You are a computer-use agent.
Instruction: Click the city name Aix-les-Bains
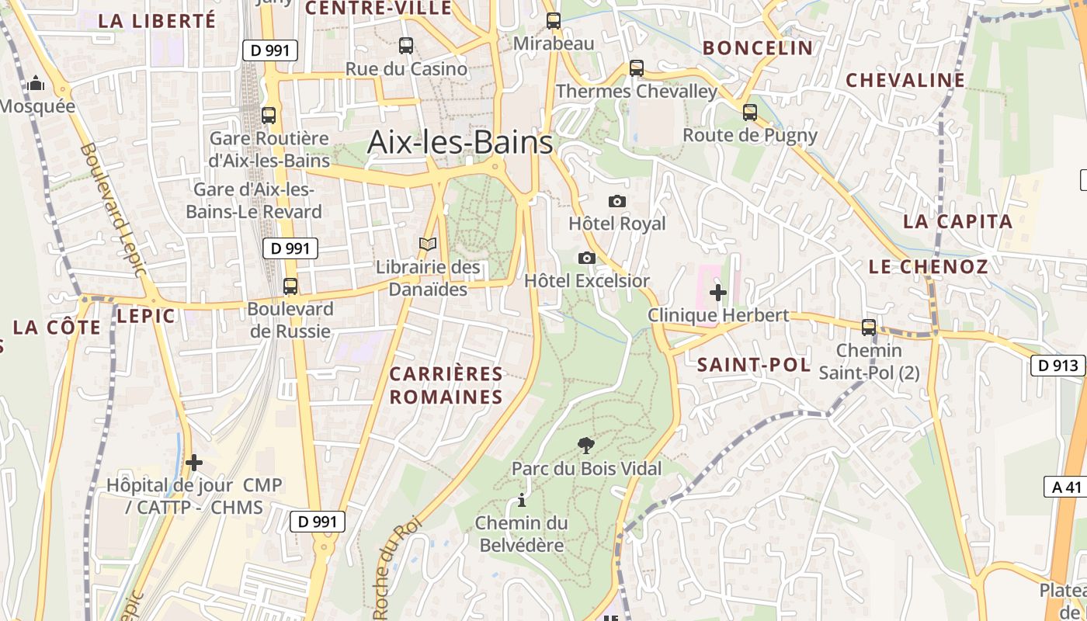click(460, 142)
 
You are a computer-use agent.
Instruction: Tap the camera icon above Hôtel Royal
click(617, 202)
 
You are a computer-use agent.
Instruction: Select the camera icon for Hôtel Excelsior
click(587, 258)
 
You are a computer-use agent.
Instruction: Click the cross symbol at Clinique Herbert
click(718, 293)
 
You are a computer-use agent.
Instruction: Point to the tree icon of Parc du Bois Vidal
click(586, 446)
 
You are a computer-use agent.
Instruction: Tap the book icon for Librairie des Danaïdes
click(428, 245)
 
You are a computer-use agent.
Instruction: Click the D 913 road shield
click(1057, 366)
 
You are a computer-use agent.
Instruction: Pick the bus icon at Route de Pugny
click(750, 113)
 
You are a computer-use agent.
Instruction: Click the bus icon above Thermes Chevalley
click(637, 68)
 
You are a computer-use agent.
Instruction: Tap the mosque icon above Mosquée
click(36, 84)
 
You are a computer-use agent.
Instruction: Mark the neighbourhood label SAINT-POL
click(753, 365)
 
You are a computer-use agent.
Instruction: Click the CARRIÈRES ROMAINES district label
click(446, 385)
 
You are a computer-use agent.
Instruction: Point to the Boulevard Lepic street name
click(113, 210)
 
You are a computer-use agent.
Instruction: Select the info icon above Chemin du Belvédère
click(522, 500)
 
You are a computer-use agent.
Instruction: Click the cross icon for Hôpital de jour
click(194, 463)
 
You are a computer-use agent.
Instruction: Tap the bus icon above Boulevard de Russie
click(290, 286)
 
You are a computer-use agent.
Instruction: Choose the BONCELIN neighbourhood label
click(758, 48)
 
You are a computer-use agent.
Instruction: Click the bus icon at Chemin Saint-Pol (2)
click(869, 328)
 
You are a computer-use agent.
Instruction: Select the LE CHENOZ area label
click(928, 267)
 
